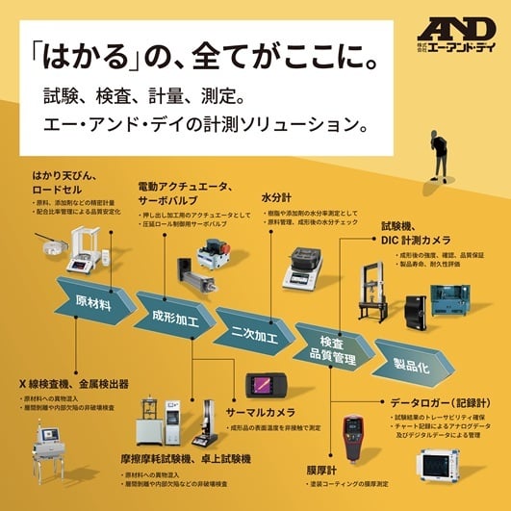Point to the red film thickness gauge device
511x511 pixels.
[x=353, y=439]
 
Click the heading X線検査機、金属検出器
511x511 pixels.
[x=72, y=384]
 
